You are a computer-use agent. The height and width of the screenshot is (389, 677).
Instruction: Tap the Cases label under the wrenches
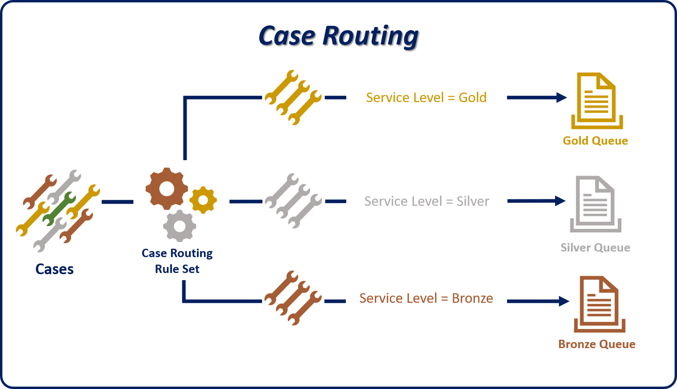tap(54, 269)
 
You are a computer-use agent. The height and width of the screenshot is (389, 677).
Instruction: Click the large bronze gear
tap(167, 189)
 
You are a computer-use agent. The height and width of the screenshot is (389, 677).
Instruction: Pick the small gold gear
tap(203, 200)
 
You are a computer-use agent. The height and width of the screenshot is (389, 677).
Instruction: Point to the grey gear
tap(180, 226)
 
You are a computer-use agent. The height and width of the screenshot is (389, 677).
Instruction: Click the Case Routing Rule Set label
tap(177, 261)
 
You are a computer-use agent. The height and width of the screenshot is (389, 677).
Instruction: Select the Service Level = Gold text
tap(426, 98)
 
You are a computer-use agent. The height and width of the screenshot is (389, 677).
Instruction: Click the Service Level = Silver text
tap(427, 201)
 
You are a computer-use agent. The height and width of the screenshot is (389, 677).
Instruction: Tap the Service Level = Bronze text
tap(426, 298)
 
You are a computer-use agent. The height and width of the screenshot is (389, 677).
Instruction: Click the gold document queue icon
tap(597, 100)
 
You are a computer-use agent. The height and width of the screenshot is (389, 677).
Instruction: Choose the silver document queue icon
tap(595, 204)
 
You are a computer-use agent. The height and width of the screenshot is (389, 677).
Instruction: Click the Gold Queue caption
tap(595, 141)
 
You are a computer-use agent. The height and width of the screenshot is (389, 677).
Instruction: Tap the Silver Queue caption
tap(595, 248)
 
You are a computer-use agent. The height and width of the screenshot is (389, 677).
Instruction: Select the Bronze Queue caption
tap(597, 344)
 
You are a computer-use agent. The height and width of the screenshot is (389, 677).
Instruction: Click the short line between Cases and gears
tap(117, 202)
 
